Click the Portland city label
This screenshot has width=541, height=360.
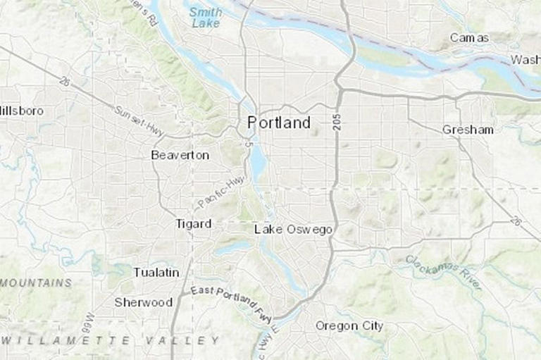[278, 123]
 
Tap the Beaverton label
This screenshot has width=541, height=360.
[180, 155]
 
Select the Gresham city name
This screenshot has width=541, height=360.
[468, 130]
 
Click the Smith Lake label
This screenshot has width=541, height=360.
[206, 18]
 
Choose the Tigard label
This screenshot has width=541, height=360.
[193, 224]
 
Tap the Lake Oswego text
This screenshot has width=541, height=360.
[293, 230]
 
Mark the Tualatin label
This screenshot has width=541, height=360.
[156, 272]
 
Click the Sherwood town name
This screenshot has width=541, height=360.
[144, 302]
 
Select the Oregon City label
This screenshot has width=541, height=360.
[349, 325]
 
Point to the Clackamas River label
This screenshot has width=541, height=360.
[443, 272]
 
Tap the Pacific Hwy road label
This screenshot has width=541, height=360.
[220, 192]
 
